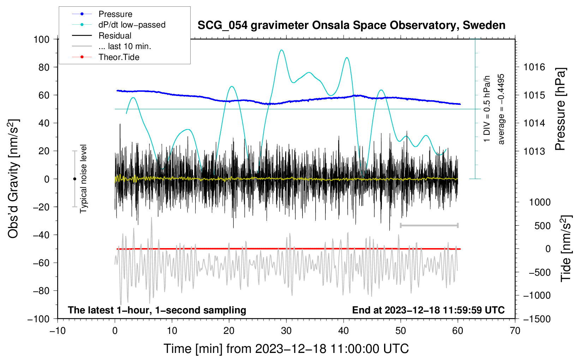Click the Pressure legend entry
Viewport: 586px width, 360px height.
point(115,14)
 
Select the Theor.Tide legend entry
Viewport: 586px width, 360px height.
point(119,57)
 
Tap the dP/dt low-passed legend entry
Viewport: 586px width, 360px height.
point(132,25)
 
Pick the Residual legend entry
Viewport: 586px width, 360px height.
point(115,36)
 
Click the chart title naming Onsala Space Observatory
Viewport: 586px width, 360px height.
point(351,25)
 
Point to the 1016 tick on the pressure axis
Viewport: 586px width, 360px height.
point(534,67)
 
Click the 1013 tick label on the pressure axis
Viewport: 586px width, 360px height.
point(534,151)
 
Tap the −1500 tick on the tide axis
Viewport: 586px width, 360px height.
point(537,319)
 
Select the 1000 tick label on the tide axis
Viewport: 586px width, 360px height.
point(539,202)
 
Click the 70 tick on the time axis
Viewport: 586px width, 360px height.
point(515,331)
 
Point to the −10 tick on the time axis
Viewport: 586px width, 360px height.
point(58,331)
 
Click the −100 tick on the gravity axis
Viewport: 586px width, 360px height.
point(38,319)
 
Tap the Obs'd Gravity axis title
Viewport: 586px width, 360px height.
point(13,179)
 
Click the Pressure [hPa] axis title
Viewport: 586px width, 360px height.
point(560,109)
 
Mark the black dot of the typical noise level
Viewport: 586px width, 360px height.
point(74,179)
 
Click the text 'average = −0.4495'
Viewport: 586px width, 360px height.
point(501,109)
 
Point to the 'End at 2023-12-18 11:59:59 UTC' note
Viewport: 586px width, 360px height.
point(428,310)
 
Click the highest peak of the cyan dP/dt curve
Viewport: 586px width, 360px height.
point(281,50)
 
